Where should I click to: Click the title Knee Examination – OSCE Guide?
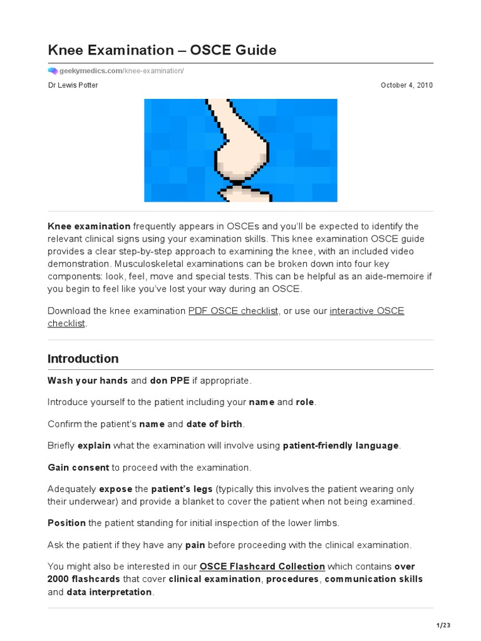coord(162,49)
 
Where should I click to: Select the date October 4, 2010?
coord(406,85)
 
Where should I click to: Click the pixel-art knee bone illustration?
coord(240,150)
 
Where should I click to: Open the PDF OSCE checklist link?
coord(233,311)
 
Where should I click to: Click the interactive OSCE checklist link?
coord(366,311)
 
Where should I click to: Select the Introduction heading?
coord(83,359)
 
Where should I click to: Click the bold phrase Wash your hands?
coord(88,381)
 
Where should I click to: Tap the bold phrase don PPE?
coord(170,381)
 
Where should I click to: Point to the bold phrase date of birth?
coord(214,424)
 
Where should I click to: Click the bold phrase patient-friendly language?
coord(341,446)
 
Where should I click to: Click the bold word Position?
coord(67,523)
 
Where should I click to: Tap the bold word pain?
coord(195,545)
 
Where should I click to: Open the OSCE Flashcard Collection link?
coord(262,567)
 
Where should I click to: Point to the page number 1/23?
coord(443,625)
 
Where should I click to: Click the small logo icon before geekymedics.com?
coord(53,71)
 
